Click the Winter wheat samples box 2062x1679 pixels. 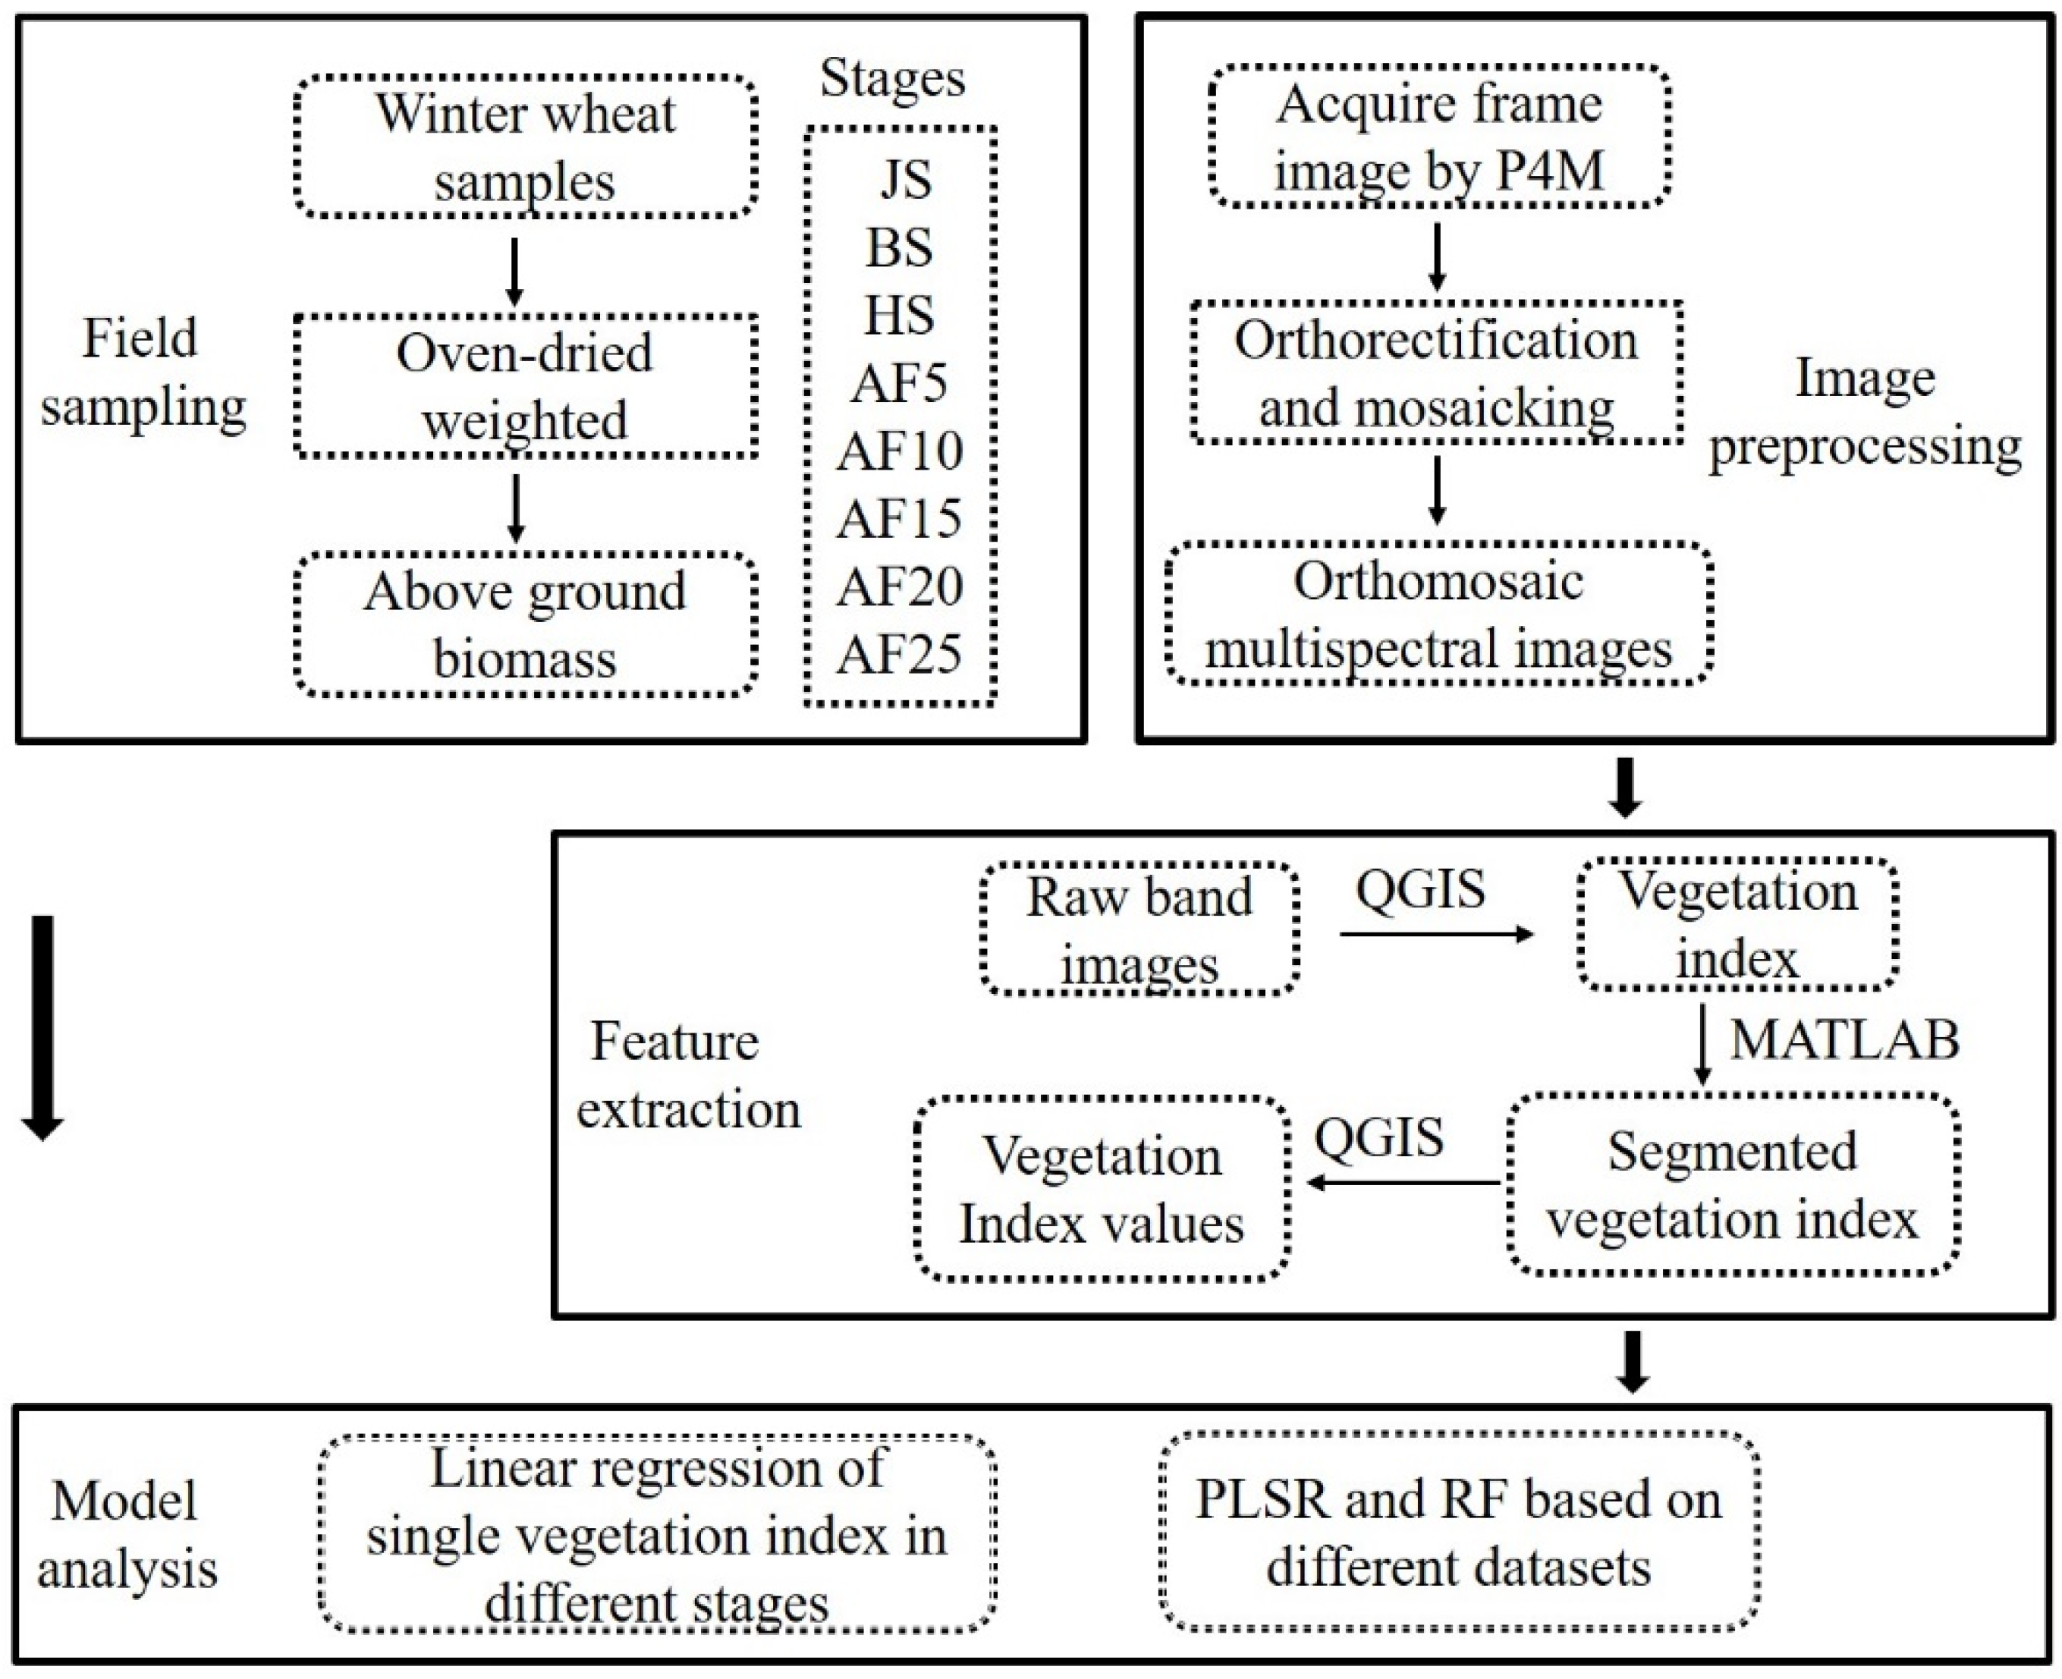coord(525,147)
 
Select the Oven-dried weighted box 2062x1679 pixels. coord(525,386)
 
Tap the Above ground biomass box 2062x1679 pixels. coord(525,625)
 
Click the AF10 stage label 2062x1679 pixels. coord(900,451)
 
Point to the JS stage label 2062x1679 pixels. coord(905,181)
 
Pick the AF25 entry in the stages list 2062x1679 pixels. coord(900,655)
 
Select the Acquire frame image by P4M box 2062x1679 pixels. coord(1439,137)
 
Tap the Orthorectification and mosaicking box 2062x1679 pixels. coord(1436,373)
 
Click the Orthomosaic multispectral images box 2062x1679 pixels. coord(1438,614)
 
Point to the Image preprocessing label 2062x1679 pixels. coord(1865,412)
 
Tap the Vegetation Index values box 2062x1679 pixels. coord(1102,1190)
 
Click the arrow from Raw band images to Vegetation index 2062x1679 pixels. coord(1436,934)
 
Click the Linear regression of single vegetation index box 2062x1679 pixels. coord(657,1535)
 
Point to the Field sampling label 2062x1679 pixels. coord(142,373)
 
